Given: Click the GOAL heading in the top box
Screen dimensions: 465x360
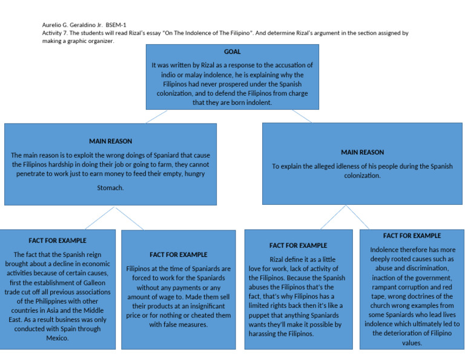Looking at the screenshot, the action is point(232,52).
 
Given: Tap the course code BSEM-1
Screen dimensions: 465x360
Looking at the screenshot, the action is point(116,25).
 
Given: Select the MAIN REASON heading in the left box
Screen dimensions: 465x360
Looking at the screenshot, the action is point(110,141).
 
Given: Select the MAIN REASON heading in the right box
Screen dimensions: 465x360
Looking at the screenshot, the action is point(362,152).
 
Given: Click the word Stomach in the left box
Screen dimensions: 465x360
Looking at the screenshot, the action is point(110,188).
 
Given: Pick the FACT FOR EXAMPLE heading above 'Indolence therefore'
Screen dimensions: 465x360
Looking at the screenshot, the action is point(412,236).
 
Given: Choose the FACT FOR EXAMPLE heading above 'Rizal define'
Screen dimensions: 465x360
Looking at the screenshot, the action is point(298,245).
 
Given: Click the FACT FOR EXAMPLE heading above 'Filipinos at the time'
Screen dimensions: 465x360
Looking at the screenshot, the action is point(178,255).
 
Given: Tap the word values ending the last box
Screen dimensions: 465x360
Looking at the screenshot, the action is point(412,342).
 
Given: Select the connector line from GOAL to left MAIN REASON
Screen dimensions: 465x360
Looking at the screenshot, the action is point(156,117).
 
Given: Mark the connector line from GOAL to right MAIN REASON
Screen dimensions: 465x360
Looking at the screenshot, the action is point(302,116).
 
